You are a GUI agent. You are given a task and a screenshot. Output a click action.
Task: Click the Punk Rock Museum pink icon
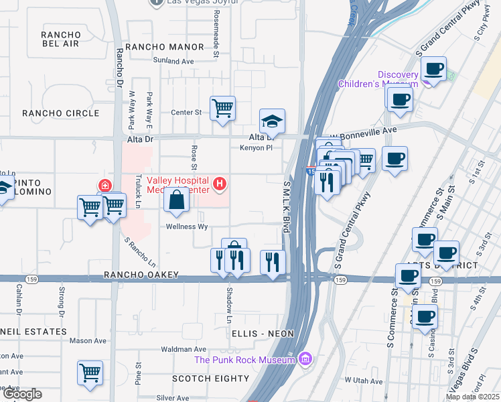(306, 360)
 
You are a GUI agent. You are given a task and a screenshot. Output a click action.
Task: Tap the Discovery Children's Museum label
(378, 79)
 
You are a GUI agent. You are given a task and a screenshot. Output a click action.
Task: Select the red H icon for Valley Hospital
(218, 183)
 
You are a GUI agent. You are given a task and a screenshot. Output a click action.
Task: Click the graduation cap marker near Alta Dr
(272, 121)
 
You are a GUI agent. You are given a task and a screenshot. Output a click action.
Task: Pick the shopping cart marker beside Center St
(222, 109)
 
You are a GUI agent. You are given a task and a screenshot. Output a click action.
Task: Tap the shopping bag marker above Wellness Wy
(175, 200)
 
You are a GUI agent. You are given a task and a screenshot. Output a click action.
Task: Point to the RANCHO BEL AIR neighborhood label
(60, 39)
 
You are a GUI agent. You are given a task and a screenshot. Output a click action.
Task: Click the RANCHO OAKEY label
(141, 275)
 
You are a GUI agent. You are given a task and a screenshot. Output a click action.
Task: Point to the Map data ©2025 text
(472, 397)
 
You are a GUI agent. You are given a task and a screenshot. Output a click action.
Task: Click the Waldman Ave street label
(184, 350)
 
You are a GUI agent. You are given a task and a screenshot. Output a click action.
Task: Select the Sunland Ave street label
(173, 61)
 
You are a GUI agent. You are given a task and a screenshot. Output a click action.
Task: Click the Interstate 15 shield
(311, 172)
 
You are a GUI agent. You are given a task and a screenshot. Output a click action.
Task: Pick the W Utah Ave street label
(363, 381)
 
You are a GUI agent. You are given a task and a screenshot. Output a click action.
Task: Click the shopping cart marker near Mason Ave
(90, 373)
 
